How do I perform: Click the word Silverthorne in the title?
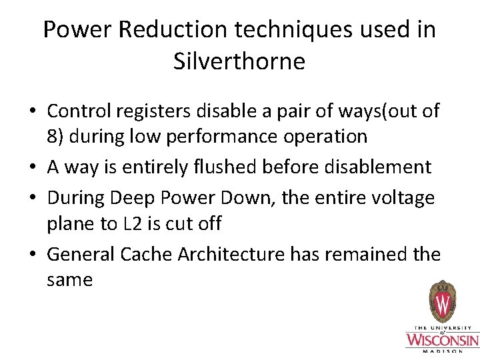click(x=239, y=61)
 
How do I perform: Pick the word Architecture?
click(x=233, y=254)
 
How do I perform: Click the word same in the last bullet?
click(x=69, y=280)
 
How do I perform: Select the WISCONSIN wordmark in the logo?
click(x=442, y=341)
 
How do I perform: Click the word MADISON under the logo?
click(x=442, y=352)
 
